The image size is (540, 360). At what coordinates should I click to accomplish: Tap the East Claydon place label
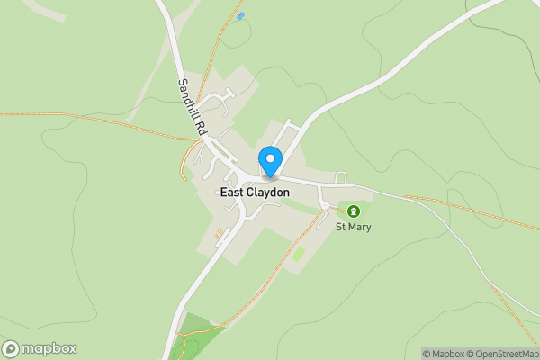pos(255,193)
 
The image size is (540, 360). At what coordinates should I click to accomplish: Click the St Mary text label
pos(354,227)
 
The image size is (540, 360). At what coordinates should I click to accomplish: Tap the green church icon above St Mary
pos(354,212)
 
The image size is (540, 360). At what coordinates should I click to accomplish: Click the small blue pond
pos(239,16)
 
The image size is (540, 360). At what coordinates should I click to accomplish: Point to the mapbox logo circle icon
pos(13,348)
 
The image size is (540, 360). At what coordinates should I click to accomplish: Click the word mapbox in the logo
pos(49,348)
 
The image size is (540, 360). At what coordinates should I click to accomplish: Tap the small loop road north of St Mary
pos(341,176)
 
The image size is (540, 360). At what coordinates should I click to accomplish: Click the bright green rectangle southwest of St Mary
pos(299,254)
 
